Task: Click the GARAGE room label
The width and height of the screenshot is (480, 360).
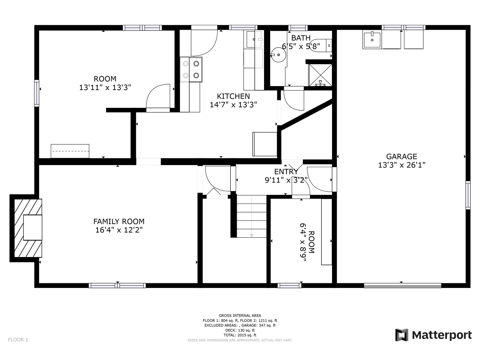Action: tap(401, 157)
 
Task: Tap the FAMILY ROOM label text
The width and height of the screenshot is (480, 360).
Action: tap(119, 221)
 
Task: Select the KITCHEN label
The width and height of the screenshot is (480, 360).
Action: tap(233, 96)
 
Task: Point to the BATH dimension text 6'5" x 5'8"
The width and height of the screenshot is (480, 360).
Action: tap(301, 46)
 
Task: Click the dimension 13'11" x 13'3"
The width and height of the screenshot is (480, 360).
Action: tap(105, 87)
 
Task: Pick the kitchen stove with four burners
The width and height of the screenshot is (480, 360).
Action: tap(191, 70)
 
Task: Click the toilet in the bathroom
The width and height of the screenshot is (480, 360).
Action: tap(321, 46)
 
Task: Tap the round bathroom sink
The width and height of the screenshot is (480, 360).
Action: tap(278, 55)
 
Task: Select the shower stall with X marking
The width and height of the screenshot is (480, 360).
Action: tap(320, 75)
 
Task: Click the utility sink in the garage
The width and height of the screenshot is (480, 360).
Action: tap(372, 39)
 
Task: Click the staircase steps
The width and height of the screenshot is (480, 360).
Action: tap(251, 216)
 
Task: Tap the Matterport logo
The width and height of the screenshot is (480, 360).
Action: tap(433, 335)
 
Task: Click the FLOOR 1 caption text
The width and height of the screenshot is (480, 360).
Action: tap(18, 340)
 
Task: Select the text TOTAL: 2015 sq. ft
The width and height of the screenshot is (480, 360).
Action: tap(240, 335)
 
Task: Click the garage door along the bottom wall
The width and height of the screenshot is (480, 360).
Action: tap(403, 286)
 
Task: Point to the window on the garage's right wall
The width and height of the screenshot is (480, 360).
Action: tap(468, 195)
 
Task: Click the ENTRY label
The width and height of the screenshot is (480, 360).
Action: tap(286, 172)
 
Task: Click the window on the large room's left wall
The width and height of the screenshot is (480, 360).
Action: tap(37, 93)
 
